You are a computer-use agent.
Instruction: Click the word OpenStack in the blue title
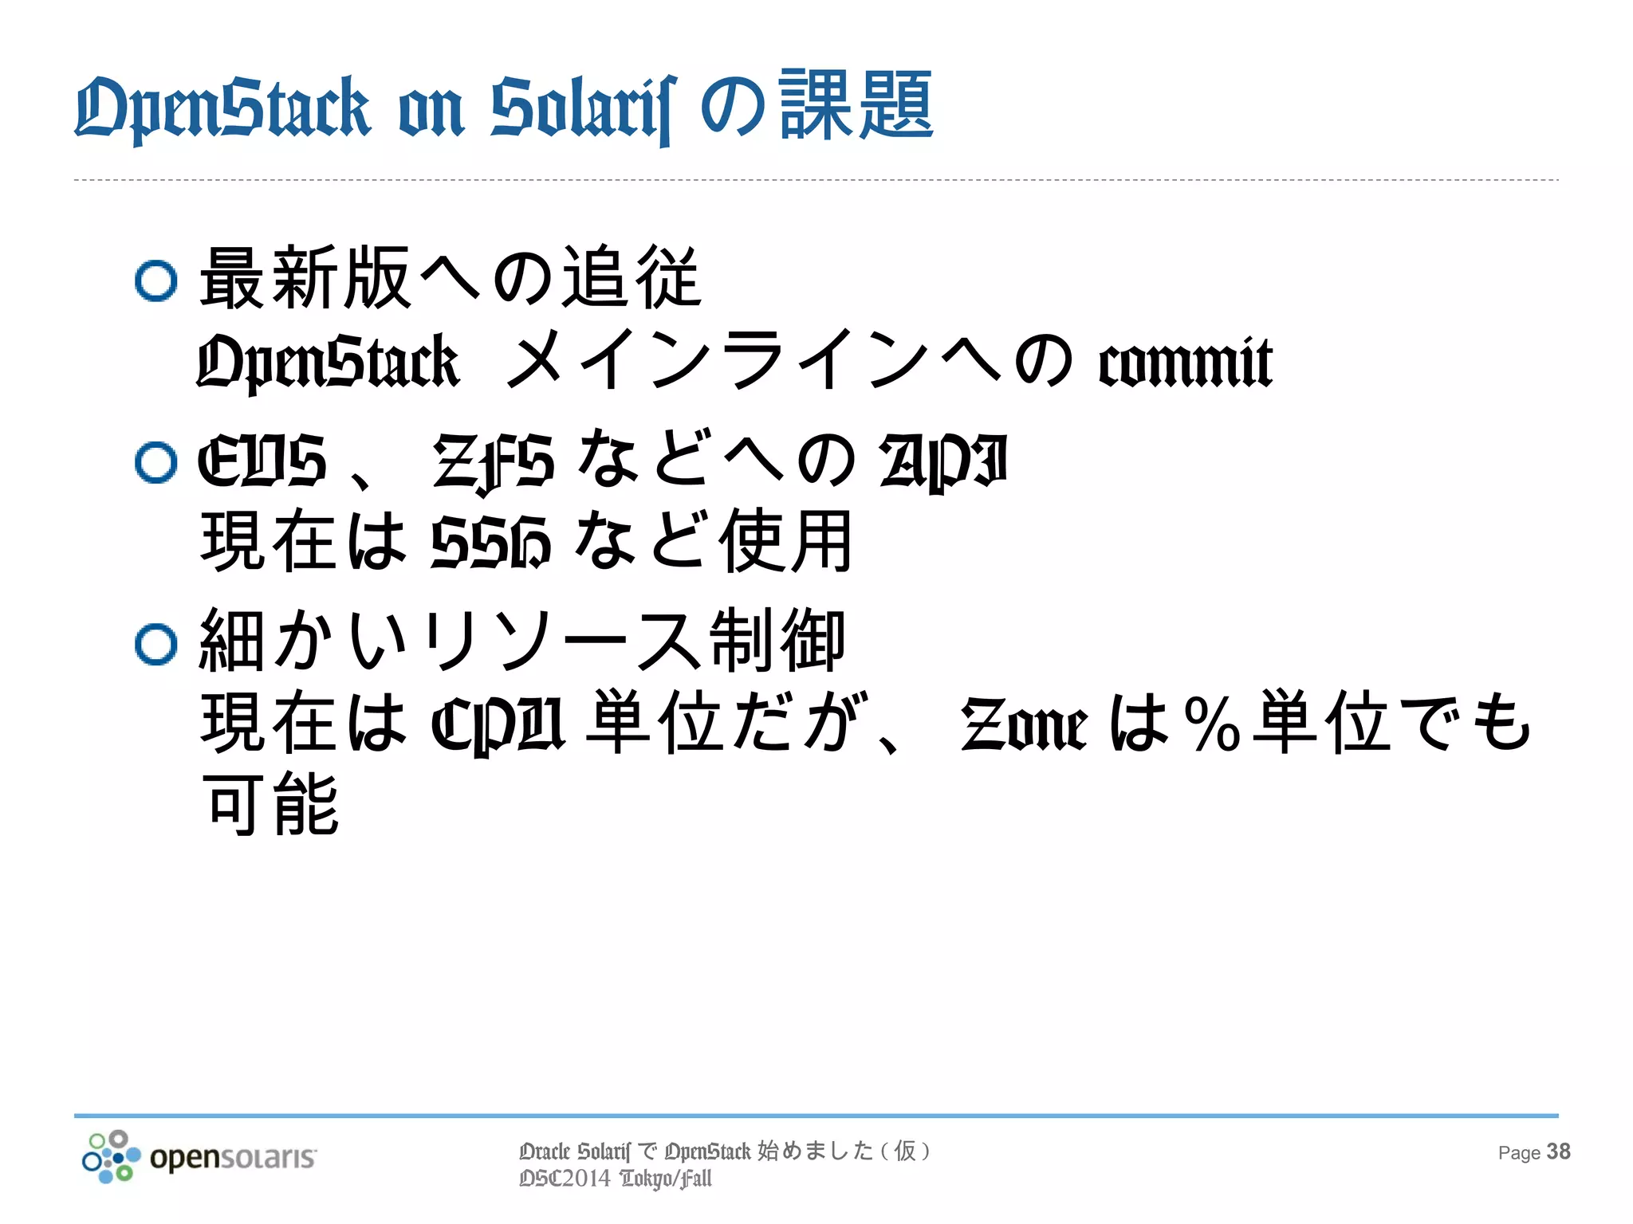[x=222, y=108]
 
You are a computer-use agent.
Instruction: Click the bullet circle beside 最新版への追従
[x=155, y=280]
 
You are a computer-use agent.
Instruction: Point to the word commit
[x=1185, y=363]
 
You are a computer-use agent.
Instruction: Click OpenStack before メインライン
[x=328, y=363]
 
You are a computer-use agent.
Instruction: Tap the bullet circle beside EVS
[x=155, y=462]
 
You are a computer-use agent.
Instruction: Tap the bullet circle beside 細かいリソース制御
[x=155, y=644]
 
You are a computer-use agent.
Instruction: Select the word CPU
[x=498, y=724]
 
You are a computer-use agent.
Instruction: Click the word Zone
[x=1024, y=724]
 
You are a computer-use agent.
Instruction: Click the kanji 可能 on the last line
[x=271, y=805]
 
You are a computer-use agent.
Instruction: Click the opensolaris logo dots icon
[x=111, y=1156]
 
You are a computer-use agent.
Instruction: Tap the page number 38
[x=1558, y=1152]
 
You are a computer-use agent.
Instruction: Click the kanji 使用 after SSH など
[x=785, y=542]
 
